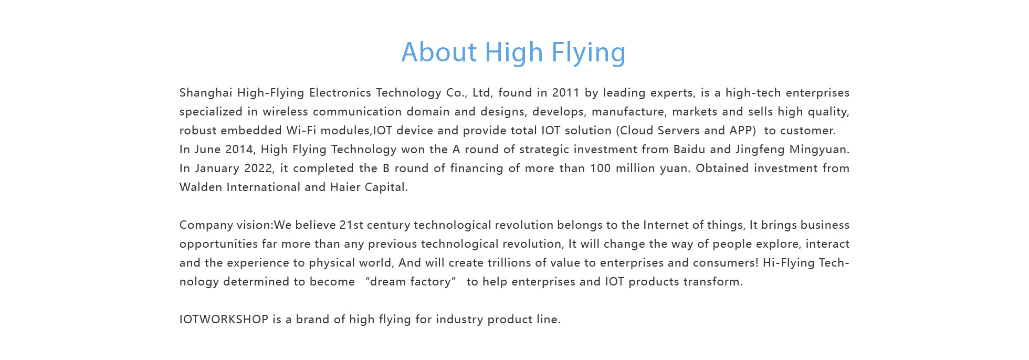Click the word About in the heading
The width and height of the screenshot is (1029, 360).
coord(439,52)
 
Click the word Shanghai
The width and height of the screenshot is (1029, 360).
coord(206,93)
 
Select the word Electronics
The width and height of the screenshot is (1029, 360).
coord(340,93)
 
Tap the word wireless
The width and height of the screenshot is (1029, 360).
coord(286,112)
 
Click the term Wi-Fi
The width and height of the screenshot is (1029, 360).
coord(301,131)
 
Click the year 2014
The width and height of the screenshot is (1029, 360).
coord(239,150)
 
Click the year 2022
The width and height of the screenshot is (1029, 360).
coord(259,168)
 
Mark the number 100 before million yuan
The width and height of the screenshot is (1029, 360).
coord(601,168)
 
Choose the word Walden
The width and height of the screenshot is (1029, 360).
coord(201,187)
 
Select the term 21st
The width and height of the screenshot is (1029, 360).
coord(351,225)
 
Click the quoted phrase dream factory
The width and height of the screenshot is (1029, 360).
coord(411,282)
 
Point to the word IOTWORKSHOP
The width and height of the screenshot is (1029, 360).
coord(224,320)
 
